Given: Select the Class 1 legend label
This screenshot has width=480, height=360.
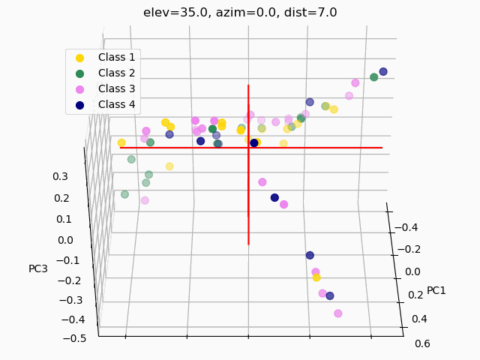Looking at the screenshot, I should (116, 57).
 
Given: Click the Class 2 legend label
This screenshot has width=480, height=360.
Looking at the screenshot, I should (116, 73).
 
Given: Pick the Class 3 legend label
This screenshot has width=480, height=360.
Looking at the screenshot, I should (116, 88).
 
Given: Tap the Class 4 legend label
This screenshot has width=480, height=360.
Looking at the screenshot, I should (116, 104).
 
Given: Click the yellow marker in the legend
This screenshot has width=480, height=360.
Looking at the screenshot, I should (80, 57).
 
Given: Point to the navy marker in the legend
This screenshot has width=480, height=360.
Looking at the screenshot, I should (80, 105).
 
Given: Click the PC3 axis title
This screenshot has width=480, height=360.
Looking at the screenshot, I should (38, 268).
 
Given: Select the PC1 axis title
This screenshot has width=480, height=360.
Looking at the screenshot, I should (436, 290).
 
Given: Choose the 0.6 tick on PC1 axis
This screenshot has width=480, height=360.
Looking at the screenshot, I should (422, 344).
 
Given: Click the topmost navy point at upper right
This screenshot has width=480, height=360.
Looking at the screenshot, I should (383, 72).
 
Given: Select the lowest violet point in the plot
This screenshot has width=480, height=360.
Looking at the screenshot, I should (338, 313).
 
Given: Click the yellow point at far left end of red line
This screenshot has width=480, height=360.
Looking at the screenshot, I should (121, 142).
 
